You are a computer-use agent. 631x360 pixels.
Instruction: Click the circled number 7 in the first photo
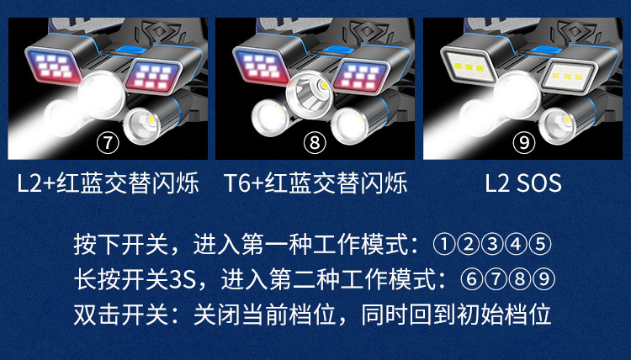[x=108, y=143]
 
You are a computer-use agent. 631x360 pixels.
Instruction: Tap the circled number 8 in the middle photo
[x=315, y=143]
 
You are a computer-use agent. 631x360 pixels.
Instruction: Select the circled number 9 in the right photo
[x=523, y=143]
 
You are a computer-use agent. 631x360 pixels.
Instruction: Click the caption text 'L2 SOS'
[x=522, y=183]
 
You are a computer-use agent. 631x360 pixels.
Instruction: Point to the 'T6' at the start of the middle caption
[x=236, y=183]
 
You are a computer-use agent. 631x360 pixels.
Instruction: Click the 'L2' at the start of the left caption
[x=29, y=183]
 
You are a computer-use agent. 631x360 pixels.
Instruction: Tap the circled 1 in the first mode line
[x=444, y=245]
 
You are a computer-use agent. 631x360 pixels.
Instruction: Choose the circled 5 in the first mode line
[x=539, y=245]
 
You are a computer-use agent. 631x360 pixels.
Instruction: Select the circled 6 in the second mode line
[x=471, y=279]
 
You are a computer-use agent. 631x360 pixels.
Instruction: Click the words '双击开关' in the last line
[x=120, y=314]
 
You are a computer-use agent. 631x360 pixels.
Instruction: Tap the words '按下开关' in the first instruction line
[x=120, y=245]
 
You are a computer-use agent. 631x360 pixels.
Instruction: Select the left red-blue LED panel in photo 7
[x=53, y=66]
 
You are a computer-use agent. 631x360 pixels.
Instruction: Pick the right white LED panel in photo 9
[x=568, y=76]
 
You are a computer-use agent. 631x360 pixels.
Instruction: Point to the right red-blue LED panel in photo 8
[x=360, y=76]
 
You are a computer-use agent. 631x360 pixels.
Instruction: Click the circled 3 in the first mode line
[x=492, y=245]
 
